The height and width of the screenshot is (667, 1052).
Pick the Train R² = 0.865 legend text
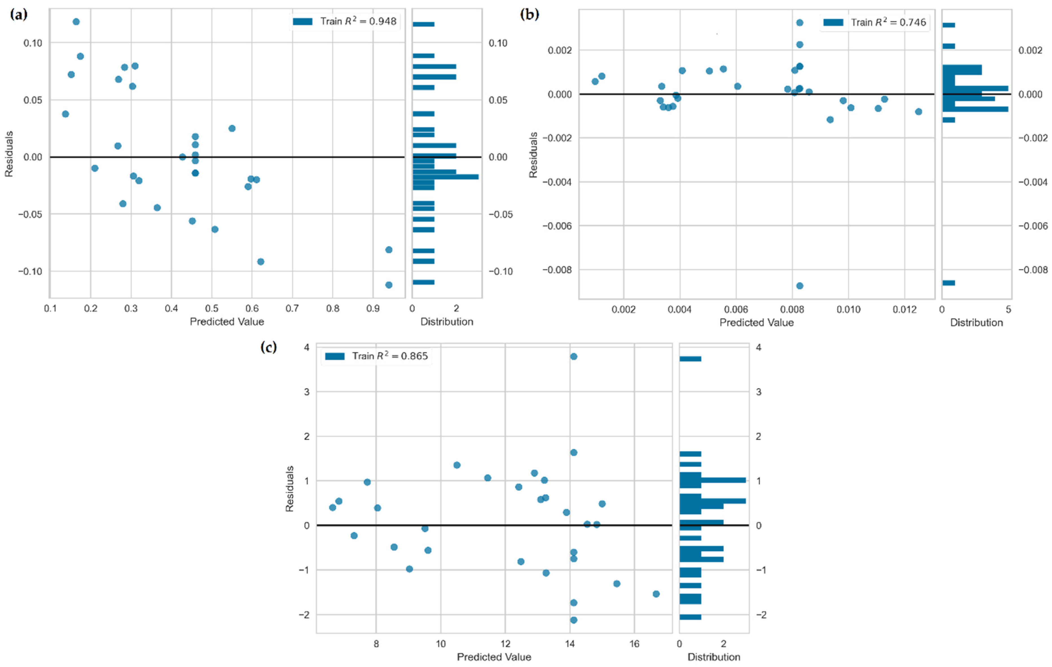tap(390, 356)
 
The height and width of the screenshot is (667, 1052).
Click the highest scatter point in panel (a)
tap(76, 22)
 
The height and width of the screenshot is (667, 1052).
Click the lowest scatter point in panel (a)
tap(389, 285)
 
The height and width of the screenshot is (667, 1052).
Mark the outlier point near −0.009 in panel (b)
tap(800, 286)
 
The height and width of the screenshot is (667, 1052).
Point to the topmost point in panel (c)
tap(574, 356)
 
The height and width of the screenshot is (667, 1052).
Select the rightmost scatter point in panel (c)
tap(656, 594)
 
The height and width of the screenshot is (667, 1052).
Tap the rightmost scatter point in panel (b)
tap(918, 112)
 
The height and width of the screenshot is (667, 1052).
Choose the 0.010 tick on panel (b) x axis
tap(848, 310)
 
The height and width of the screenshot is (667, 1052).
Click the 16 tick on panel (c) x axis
tap(634, 644)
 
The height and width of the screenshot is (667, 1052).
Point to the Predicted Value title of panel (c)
tap(494, 657)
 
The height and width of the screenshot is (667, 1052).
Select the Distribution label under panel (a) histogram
tap(447, 322)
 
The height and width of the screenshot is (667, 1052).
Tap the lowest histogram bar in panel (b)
tap(948, 283)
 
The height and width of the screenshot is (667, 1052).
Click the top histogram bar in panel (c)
tap(690, 359)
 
